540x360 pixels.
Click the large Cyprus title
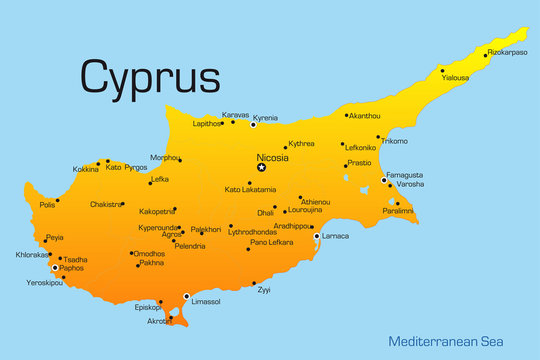click(150, 75)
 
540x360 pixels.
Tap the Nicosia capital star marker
click(262, 167)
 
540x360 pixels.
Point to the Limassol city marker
click(186, 296)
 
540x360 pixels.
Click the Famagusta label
click(405, 175)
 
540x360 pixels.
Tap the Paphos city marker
click(55, 268)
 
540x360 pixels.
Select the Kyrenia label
click(265, 117)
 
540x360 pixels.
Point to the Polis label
click(47, 205)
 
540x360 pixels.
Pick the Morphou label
click(164, 158)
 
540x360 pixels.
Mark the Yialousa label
click(455, 77)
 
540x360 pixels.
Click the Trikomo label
click(394, 141)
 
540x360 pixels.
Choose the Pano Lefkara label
click(272, 242)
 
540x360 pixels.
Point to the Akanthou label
click(364, 116)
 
